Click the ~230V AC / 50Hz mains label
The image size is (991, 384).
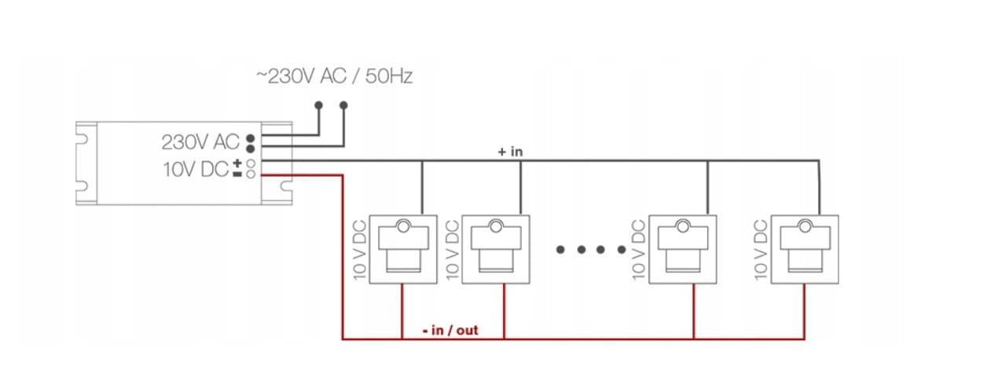pyautogui.click(x=334, y=77)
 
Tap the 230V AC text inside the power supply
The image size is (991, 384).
pyautogui.click(x=200, y=142)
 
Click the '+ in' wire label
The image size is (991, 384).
pyautogui.click(x=510, y=152)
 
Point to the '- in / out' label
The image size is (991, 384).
pyautogui.click(x=450, y=331)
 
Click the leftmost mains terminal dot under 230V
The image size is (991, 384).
pyautogui.click(x=318, y=104)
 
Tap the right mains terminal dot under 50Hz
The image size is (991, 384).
pyautogui.click(x=343, y=104)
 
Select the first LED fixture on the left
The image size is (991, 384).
pyautogui.click(x=402, y=249)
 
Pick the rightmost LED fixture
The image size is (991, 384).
pyautogui.click(x=806, y=249)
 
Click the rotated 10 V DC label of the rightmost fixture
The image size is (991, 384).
pyautogui.click(x=760, y=249)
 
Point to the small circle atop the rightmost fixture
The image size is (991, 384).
pyautogui.click(x=806, y=227)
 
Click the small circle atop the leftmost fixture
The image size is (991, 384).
pyautogui.click(x=402, y=227)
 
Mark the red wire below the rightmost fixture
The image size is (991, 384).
pyautogui.click(x=804, y=312)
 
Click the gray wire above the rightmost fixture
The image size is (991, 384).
pyautogui.click(x=823, y=188)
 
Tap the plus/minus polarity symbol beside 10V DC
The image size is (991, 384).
pyautogui.click(x=237, y=168)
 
